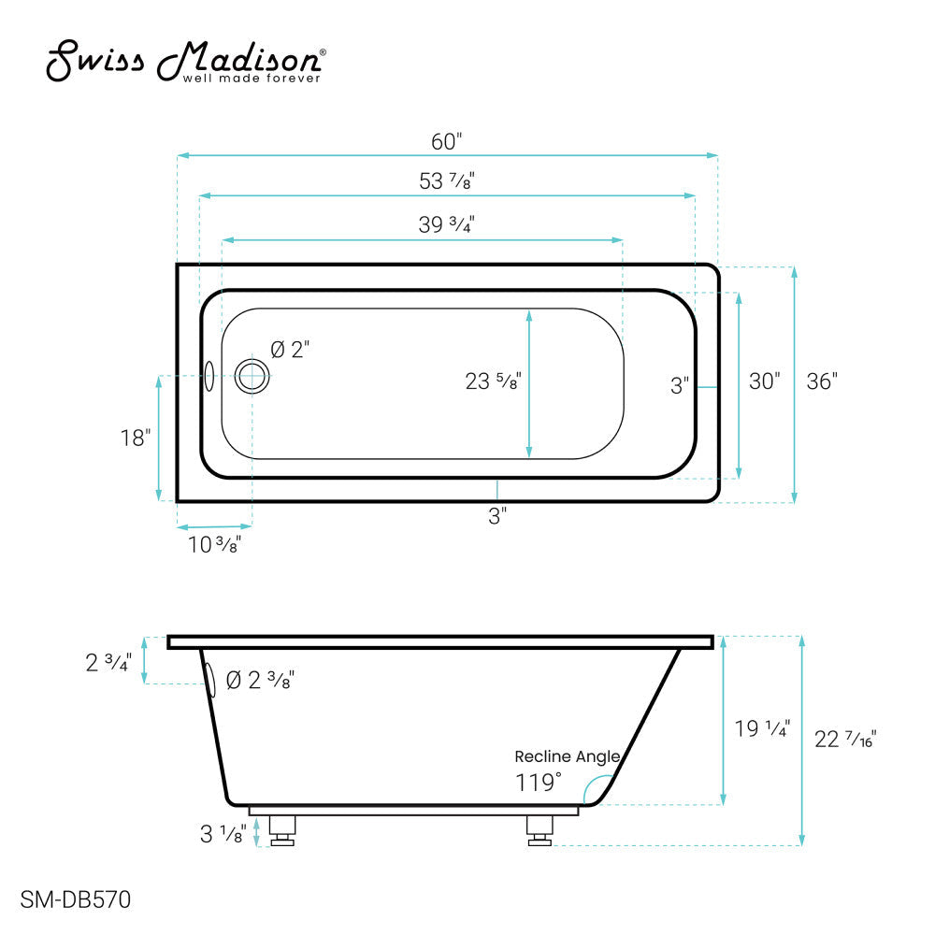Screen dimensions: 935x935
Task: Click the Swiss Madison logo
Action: pyautogui.click(x=186, y=63)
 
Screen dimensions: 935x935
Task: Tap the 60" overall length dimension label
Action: pyautogui.click(x=447, y=142)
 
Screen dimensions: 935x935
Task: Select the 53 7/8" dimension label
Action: pyautogui.click(x=447, y=182)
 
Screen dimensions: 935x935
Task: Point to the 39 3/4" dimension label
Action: pyautogui.click(x=447, y=225)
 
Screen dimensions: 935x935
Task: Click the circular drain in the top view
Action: pyautogui.click(x=252, y=376)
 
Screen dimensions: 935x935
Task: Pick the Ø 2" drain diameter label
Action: pyautogui.click(x=290, y=350)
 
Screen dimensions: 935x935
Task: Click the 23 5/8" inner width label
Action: pyautogui.click(x=493, y=381)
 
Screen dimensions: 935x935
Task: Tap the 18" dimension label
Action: pyautogui.click(x=136, y=438)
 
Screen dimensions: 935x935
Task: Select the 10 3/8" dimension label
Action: pyautogui.click(x=213, y=545)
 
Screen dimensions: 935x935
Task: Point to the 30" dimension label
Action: pyautogui.click(x=764, y=382)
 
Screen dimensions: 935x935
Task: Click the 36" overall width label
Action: pyautogui.click(x=822, y=382)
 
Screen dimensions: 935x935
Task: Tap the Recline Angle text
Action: pyautogui.click(x=567, y=756)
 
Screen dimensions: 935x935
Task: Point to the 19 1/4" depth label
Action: pyautogui.click(x=763, y=729)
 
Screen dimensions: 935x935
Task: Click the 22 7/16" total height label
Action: pyautogui.click(x=845, y=739)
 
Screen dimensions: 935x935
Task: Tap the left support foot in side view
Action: pyautogui.click(x=282, y=829)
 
